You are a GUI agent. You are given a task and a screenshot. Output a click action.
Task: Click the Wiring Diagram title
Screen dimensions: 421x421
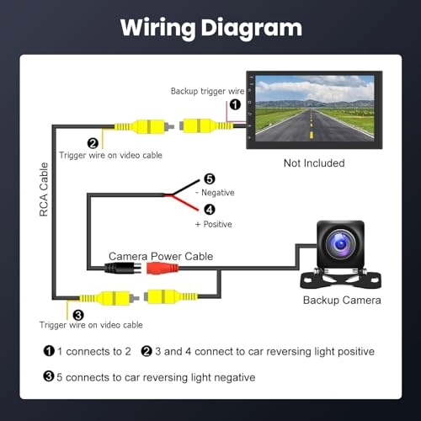pos(210,27)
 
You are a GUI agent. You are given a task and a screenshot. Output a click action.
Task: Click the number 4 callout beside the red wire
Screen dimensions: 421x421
pos(210,210)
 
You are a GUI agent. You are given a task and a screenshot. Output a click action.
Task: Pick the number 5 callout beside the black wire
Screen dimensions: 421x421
pos(210,179)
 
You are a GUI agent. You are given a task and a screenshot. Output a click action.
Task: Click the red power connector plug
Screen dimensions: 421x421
pos(162,269)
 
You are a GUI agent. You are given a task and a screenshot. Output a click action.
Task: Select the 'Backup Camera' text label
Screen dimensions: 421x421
pos(342,300)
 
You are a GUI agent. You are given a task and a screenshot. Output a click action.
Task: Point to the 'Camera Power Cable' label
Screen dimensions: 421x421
pos(161,255)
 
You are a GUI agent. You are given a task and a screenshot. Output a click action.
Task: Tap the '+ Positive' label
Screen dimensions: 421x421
pos(213,224)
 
